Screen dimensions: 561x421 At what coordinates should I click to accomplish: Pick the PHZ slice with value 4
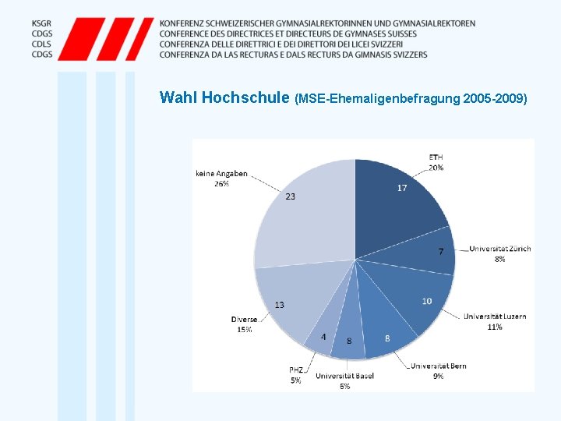(x=322, y=338)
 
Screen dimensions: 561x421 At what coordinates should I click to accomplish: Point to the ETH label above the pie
(x=436, y=157)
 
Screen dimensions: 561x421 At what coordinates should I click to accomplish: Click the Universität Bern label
(x=438, y=366)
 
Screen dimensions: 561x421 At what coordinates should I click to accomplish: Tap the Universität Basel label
(x=344, y=376)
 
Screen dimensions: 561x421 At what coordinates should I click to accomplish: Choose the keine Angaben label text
(x=221, y=174)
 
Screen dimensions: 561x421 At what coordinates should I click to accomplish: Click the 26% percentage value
(x=221, y=184)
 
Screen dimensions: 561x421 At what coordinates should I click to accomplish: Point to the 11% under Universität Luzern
(x=495, y=327)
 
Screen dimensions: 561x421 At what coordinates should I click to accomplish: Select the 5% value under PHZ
(x=296, y=380)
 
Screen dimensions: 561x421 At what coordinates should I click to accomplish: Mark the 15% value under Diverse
(x=245, y=329)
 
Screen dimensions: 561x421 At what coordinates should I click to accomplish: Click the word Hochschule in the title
(x=245, y=97)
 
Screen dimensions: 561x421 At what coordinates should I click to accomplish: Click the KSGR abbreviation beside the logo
(x=41, y=23)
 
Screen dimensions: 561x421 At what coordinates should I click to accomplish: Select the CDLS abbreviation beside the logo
(x=41, y=44)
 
